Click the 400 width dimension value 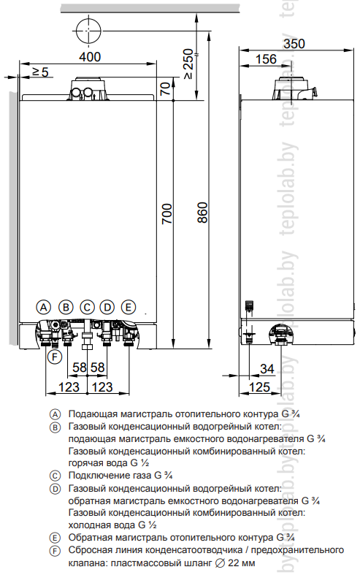coord(90,57)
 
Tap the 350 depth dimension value coord(294,44)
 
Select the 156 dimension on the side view coord(266,59)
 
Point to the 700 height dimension coord(166,214)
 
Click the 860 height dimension coord(202,213)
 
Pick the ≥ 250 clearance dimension coord(188,64)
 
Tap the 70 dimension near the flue coord(166,88)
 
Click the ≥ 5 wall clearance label coord(40,72)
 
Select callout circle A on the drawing coord(44,307)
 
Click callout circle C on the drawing coord(87,307)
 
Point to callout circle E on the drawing coord(129,307)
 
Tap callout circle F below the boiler coord(55,357)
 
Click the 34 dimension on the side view coord(267,368)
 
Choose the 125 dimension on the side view coord(259,387)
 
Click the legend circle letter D coord(55,489)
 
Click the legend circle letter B coord(55,427)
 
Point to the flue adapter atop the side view coord(294,88)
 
